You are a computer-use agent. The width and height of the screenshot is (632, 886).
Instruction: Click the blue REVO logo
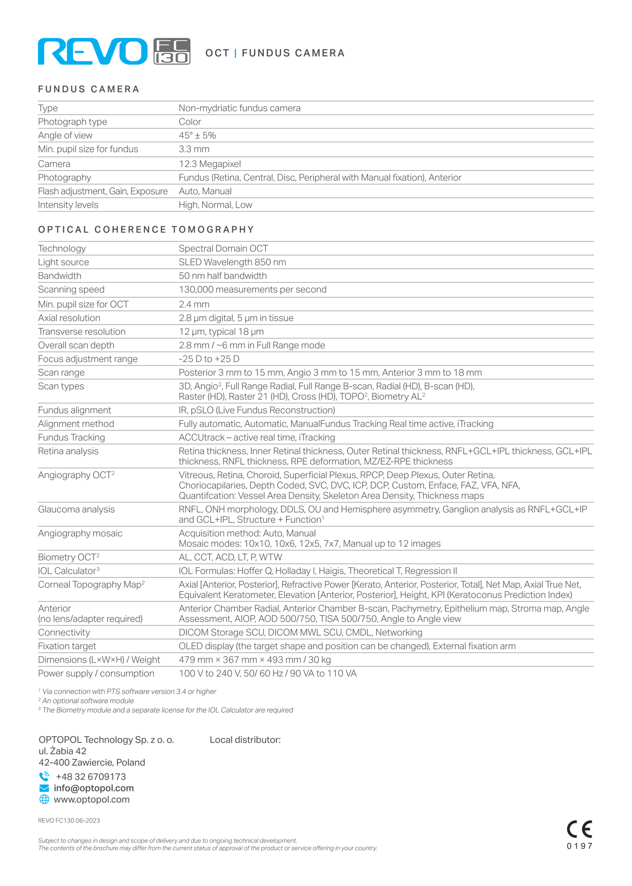click(92, 52)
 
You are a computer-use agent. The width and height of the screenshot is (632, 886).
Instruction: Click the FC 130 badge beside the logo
click(172, 52)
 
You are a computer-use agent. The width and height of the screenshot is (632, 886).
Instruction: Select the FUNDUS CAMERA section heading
click(89, 89)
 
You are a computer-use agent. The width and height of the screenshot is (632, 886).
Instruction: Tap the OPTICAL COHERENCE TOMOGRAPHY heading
click(146, 229)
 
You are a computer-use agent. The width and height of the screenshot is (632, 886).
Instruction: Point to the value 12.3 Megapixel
click(210, 164)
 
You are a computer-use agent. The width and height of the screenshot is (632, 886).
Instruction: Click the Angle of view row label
click(65, 136)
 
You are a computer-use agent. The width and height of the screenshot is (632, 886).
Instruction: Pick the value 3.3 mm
click(194, 149)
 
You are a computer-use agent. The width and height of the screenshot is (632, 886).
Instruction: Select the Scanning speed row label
click(71, 289)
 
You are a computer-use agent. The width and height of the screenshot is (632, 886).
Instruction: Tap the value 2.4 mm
click(194, 304)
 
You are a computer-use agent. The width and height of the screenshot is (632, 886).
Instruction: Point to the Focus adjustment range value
click(209, 359)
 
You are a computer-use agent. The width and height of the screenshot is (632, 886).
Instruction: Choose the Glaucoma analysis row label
click(76, 509)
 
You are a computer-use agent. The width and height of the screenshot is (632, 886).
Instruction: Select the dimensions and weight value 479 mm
click(255, 660)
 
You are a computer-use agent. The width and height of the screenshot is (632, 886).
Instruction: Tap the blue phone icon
click(44, 776)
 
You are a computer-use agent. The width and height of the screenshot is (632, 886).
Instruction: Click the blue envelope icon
click(44, 788)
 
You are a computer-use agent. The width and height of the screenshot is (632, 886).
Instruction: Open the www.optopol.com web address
click(91, 799)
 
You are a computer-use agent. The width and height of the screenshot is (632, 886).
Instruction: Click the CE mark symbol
click(579, 829)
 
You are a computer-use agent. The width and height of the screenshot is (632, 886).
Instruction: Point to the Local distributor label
click(245, 740)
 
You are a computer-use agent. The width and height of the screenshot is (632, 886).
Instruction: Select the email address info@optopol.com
click(94, 788)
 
